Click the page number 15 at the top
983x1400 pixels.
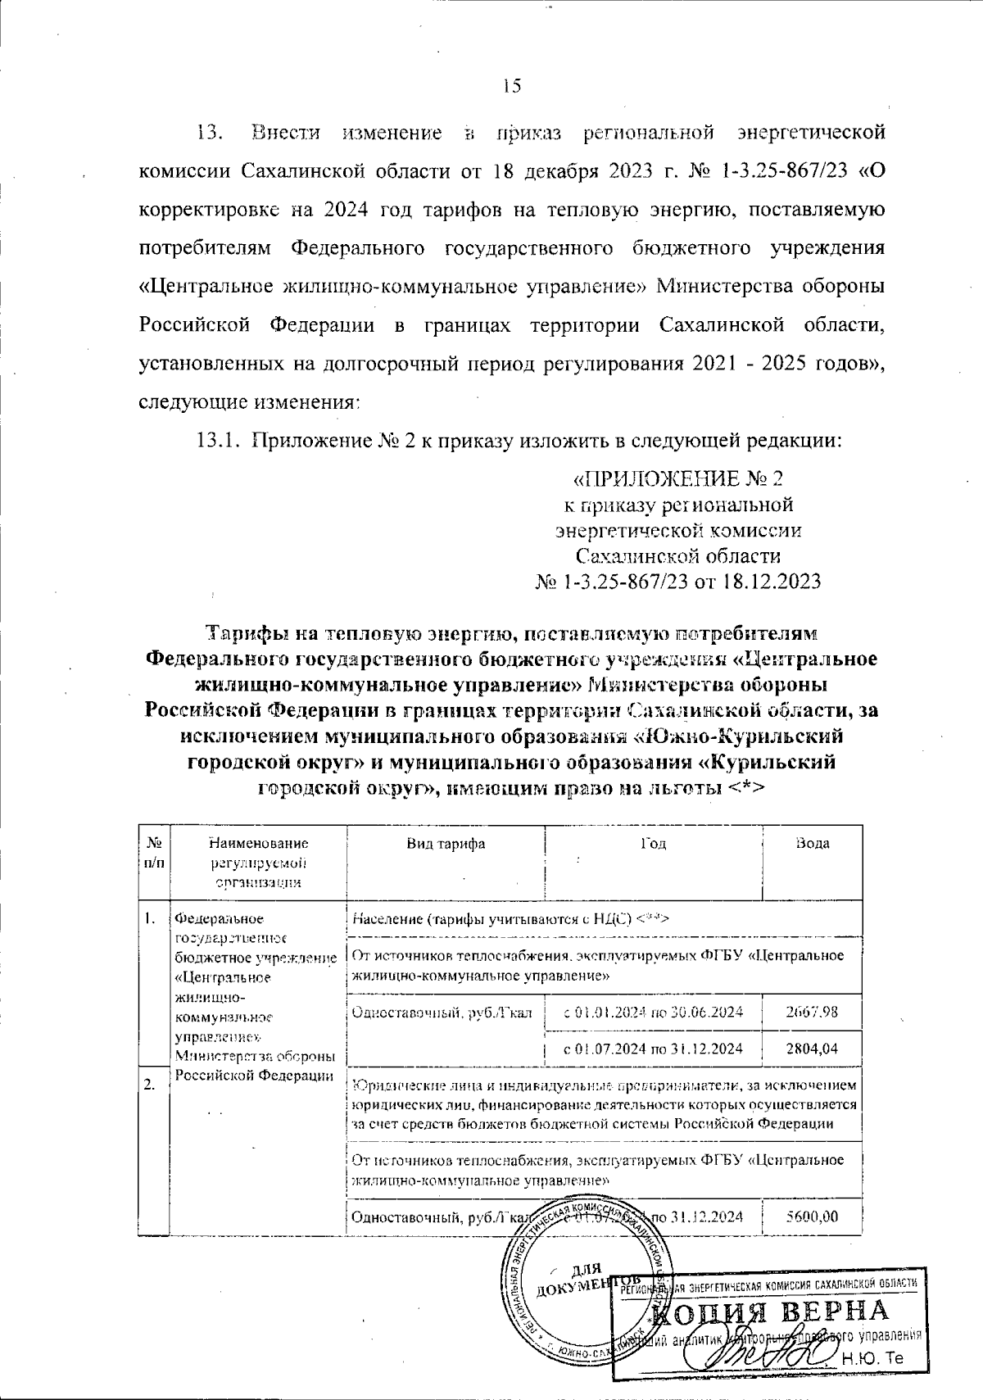coord(512,86)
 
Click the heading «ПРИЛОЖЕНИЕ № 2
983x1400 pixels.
coord(681,478)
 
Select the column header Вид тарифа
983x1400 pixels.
coord(446,844)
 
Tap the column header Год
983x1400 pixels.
coord(653,844)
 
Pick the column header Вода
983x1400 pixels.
coord(813,844)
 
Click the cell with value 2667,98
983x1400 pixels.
coord(812,1011)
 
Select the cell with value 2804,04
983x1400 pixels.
coord(812,1048)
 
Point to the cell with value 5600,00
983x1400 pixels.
coord(812,1217)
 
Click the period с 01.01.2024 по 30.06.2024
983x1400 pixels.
coord(654,1011)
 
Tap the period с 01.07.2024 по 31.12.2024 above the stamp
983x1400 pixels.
coord(654,1048)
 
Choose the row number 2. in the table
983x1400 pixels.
coord(150,1085)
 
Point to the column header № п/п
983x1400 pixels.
coord(153,853)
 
